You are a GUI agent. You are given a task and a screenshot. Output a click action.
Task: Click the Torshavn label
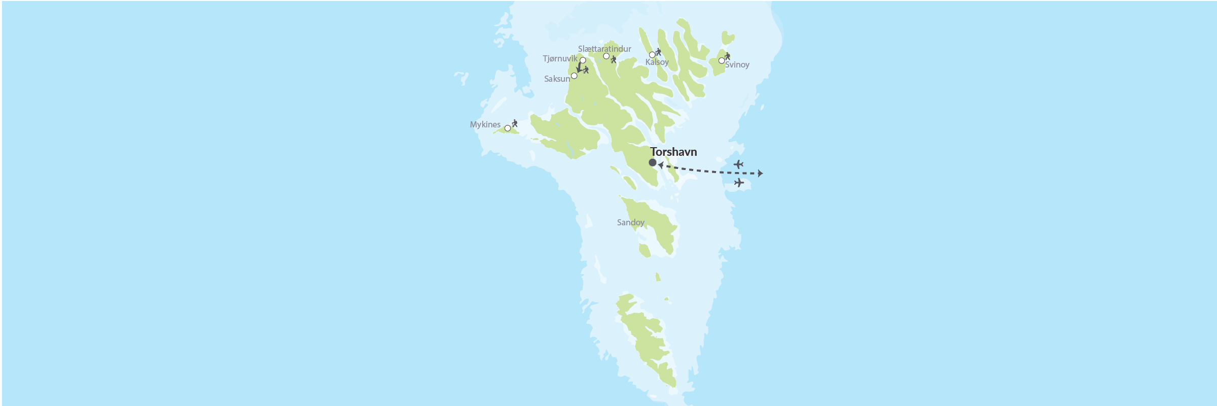[673, 152]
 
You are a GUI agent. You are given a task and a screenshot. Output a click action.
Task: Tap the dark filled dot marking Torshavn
[653, 163]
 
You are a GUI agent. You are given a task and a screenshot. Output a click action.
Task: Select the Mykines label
[485, 125]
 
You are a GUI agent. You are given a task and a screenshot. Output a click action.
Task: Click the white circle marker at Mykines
[508, 128]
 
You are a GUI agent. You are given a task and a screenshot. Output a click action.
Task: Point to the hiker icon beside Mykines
[515, 123]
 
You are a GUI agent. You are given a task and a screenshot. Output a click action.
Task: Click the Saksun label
[557, 79]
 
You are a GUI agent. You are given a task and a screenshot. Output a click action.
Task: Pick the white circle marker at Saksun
[574, 76]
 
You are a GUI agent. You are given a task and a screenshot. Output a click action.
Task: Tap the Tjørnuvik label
[560, 59]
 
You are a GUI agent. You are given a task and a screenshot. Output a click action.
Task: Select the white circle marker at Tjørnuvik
[583, 60]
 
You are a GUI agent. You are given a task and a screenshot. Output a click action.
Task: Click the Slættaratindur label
[604, 49]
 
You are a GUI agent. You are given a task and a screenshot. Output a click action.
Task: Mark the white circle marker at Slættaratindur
[606, 56]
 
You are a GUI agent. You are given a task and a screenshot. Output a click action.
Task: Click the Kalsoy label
[657, 62]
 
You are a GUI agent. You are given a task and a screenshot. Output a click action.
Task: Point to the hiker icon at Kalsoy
[658, 52]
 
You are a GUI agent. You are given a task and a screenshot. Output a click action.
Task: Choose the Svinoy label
[737, 65]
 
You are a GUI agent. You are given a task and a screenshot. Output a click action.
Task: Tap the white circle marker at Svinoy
[722, 61]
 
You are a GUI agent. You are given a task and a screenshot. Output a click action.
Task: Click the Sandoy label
[630, 223]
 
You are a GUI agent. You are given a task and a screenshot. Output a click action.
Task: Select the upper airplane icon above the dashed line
[738, 164]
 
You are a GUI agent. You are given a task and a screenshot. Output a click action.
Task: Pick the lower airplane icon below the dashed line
[739, 183]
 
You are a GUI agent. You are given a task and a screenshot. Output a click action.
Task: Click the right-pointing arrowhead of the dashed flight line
[760, 174]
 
